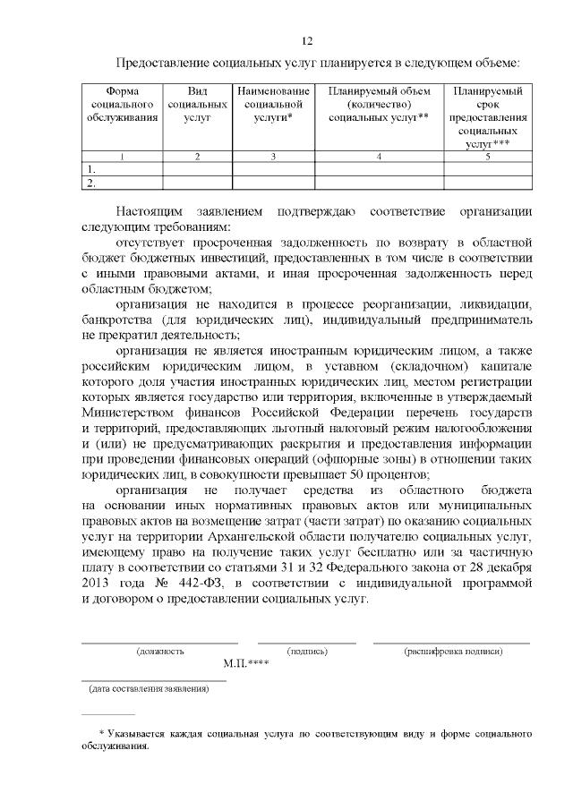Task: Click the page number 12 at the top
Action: [306, 41]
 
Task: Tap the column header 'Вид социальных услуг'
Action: [197, 105]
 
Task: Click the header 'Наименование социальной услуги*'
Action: [273, 105]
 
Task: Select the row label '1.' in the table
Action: [90, 169]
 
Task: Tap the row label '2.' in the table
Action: [90, 183]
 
